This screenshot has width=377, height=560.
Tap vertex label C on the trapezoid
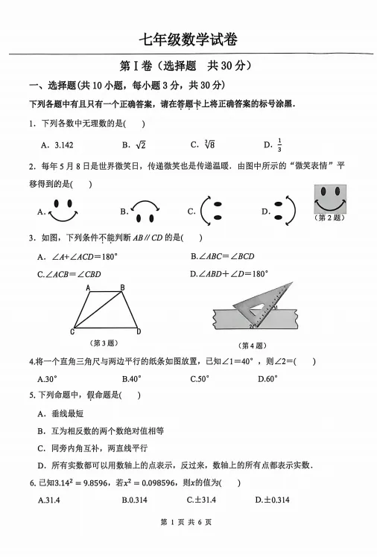[72, 331]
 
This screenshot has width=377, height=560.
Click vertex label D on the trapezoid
[139, 331]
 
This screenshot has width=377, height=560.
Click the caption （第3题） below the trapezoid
[103, 343]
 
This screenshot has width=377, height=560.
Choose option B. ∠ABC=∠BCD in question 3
[222, 256]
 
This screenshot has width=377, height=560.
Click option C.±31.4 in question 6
[200, 500]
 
